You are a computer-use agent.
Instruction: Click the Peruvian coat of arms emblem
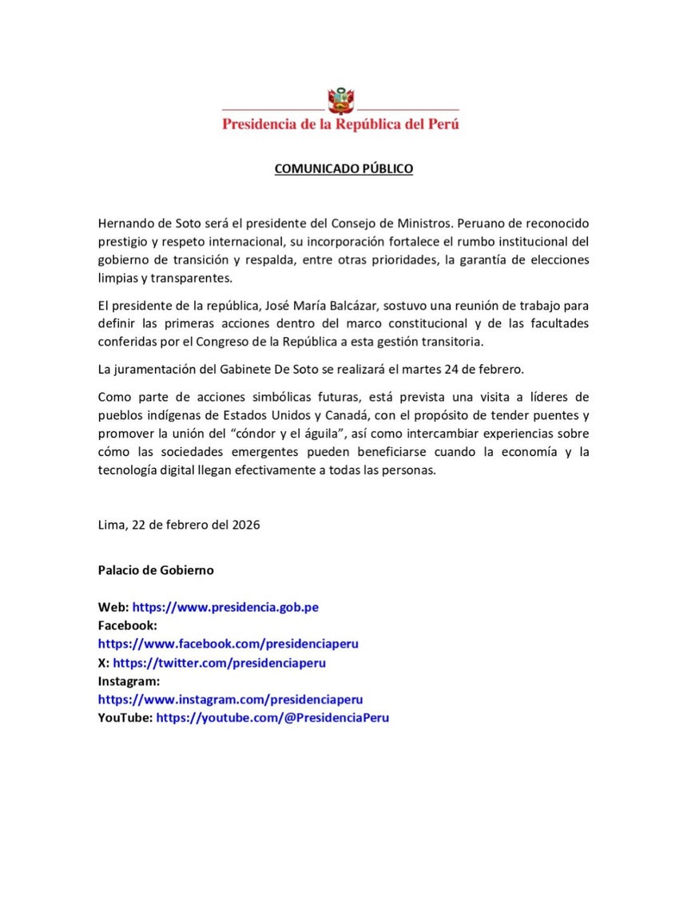341,101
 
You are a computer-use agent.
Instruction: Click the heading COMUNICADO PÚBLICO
343,169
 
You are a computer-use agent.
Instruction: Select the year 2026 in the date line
243,525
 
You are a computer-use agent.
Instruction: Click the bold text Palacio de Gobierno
156,571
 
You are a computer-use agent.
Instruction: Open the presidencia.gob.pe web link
225,608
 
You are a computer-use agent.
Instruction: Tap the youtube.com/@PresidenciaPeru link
272,718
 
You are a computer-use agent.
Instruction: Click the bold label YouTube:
125,718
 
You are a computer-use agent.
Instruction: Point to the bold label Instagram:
129,681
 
